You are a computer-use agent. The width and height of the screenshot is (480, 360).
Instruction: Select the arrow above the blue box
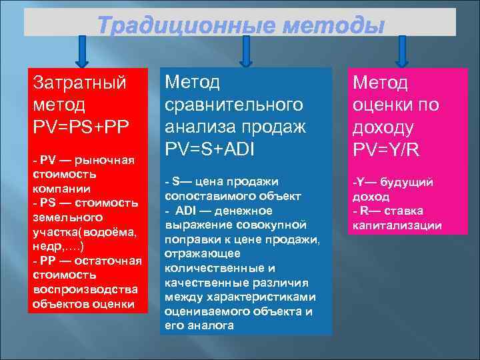click(x=246, y=51)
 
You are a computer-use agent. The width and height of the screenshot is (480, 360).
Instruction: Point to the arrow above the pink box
click(x=403, y=51)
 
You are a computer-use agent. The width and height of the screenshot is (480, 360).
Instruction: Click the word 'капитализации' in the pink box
click(x=397, y=225)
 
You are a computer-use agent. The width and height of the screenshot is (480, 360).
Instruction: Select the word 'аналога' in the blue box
click(x=209, y=325)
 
